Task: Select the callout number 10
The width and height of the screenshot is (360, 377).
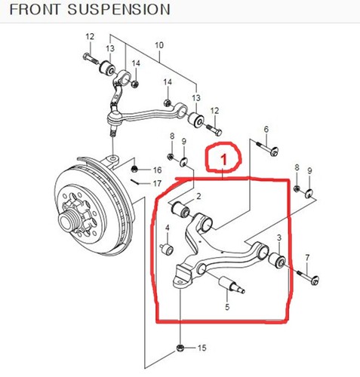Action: (158, 45)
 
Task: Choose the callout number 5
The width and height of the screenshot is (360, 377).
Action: (226, 307)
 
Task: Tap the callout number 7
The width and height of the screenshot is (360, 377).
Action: (307, 258)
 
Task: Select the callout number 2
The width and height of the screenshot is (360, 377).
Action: (198, 196)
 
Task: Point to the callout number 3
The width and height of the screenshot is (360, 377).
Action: (278, 238)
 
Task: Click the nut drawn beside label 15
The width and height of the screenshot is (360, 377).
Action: (181, 348)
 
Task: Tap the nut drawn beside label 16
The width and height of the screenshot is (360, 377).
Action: (136, 169)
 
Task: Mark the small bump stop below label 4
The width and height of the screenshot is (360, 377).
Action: (168, 247)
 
